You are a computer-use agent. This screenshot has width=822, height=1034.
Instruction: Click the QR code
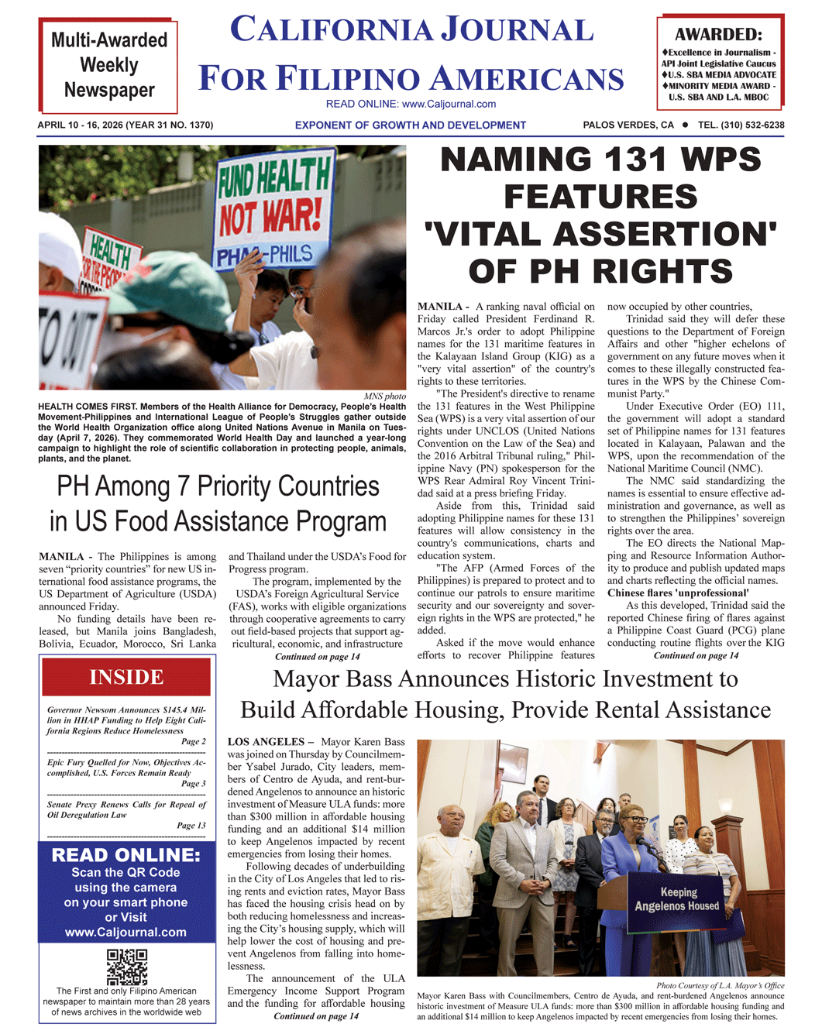pos(127,967)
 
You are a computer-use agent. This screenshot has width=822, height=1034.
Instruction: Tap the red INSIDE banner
pos(126,677)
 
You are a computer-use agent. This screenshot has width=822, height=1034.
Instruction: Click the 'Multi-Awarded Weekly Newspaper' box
pos(108,65)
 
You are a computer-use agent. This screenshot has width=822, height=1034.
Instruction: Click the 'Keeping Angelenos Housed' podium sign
pos(677,899)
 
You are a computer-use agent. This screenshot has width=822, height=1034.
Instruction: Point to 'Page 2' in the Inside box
pos(193,741)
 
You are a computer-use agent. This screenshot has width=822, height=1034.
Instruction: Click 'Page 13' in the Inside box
pos(191,825)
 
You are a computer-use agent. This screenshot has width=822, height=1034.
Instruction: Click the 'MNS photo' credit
pos(384,396)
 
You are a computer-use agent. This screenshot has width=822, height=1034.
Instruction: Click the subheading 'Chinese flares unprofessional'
pos(677,593)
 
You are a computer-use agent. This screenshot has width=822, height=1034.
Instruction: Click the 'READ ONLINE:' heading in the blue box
pos(126,855)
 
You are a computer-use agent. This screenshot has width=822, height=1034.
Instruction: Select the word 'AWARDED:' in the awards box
pos(718,34)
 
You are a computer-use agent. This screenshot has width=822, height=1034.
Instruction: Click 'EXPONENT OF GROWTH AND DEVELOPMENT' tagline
pos(410,125)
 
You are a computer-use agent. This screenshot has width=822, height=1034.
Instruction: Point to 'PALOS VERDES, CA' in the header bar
pos(628,125)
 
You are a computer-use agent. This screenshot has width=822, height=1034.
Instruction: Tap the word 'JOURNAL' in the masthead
pos(517,30)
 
